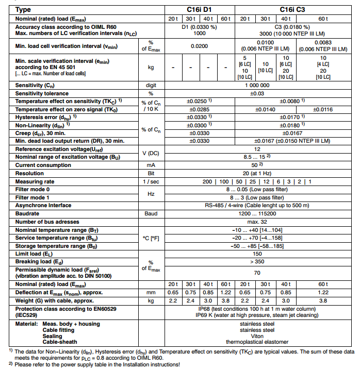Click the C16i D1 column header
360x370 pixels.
tap(199, 10)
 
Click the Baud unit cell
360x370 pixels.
tap(151, 213)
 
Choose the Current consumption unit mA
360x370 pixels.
tap(151, 165)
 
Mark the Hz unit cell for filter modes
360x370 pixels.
tap(151, 193)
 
